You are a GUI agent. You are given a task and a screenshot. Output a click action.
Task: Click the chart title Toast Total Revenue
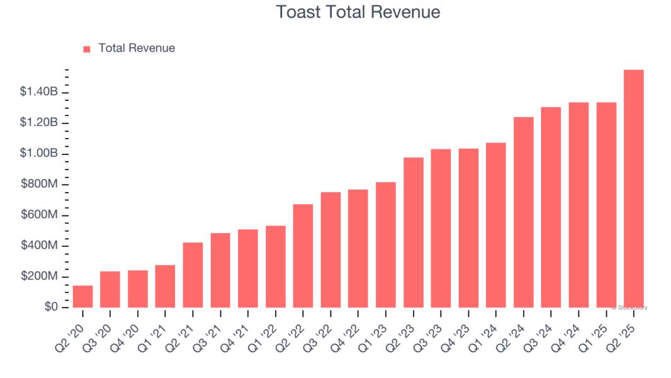point(358,12)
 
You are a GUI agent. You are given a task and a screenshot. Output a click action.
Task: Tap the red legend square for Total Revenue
point(87,49)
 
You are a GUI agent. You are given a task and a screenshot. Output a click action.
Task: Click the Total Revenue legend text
point(137,48)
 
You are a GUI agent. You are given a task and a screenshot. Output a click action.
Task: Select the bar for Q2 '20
point(82,297)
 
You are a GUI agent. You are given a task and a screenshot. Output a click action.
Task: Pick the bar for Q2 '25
point(633,188)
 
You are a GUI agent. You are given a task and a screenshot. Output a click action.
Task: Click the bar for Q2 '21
point(193,275)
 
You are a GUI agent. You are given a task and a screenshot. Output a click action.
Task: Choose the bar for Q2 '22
point(303,256)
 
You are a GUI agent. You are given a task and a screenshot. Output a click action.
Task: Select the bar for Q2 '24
point(523,212)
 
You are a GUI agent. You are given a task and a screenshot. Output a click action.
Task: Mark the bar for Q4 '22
point(358,248)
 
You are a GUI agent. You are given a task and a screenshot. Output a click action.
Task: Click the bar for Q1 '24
point(496,225)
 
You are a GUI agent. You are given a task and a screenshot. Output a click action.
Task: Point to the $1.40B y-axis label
point(39,93)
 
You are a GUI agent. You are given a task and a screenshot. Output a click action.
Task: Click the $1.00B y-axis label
point(39,154)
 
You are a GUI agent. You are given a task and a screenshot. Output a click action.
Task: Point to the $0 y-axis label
point(50,307)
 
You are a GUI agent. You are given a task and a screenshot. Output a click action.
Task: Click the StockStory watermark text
point(631,307)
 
